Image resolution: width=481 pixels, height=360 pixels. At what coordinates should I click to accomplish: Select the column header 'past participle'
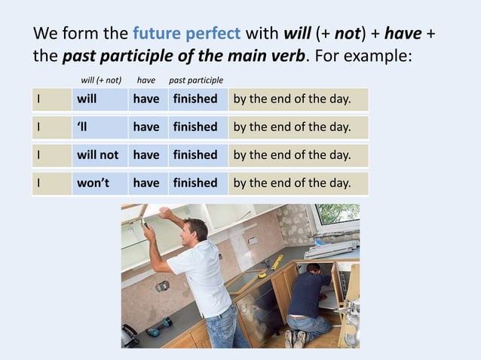195,80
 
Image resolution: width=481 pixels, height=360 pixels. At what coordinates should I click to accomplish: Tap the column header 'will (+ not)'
101,80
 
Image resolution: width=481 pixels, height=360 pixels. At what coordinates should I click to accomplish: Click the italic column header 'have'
146,80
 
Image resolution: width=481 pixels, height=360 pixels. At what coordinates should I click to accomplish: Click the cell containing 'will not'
98,155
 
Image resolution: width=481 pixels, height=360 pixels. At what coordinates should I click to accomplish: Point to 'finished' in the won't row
195,183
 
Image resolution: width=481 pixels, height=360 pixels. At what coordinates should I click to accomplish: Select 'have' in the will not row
146,155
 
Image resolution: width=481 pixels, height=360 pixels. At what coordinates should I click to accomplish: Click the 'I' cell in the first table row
51,99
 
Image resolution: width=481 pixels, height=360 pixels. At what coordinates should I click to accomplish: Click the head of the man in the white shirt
195,231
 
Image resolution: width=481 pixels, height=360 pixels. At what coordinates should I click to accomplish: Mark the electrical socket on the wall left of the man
162,285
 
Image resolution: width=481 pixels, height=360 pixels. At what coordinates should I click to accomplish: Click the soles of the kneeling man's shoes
294,339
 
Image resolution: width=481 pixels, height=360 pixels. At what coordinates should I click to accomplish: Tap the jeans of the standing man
224,328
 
